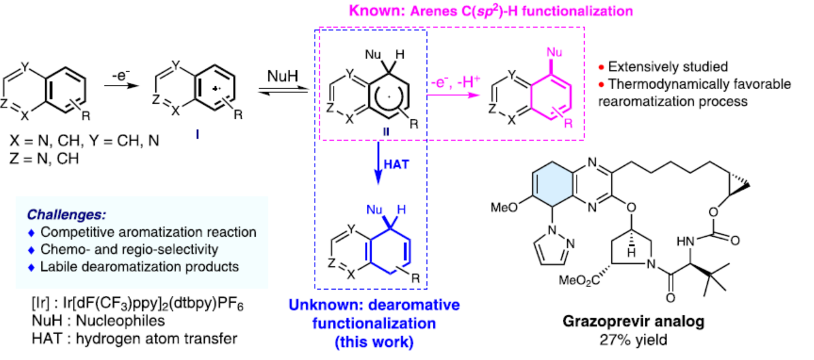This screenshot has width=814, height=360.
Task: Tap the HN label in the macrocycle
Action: tap(688, 241)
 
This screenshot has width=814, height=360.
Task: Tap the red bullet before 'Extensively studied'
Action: tap(602, 67)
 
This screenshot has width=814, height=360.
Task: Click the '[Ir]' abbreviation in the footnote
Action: tap(28, 305)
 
